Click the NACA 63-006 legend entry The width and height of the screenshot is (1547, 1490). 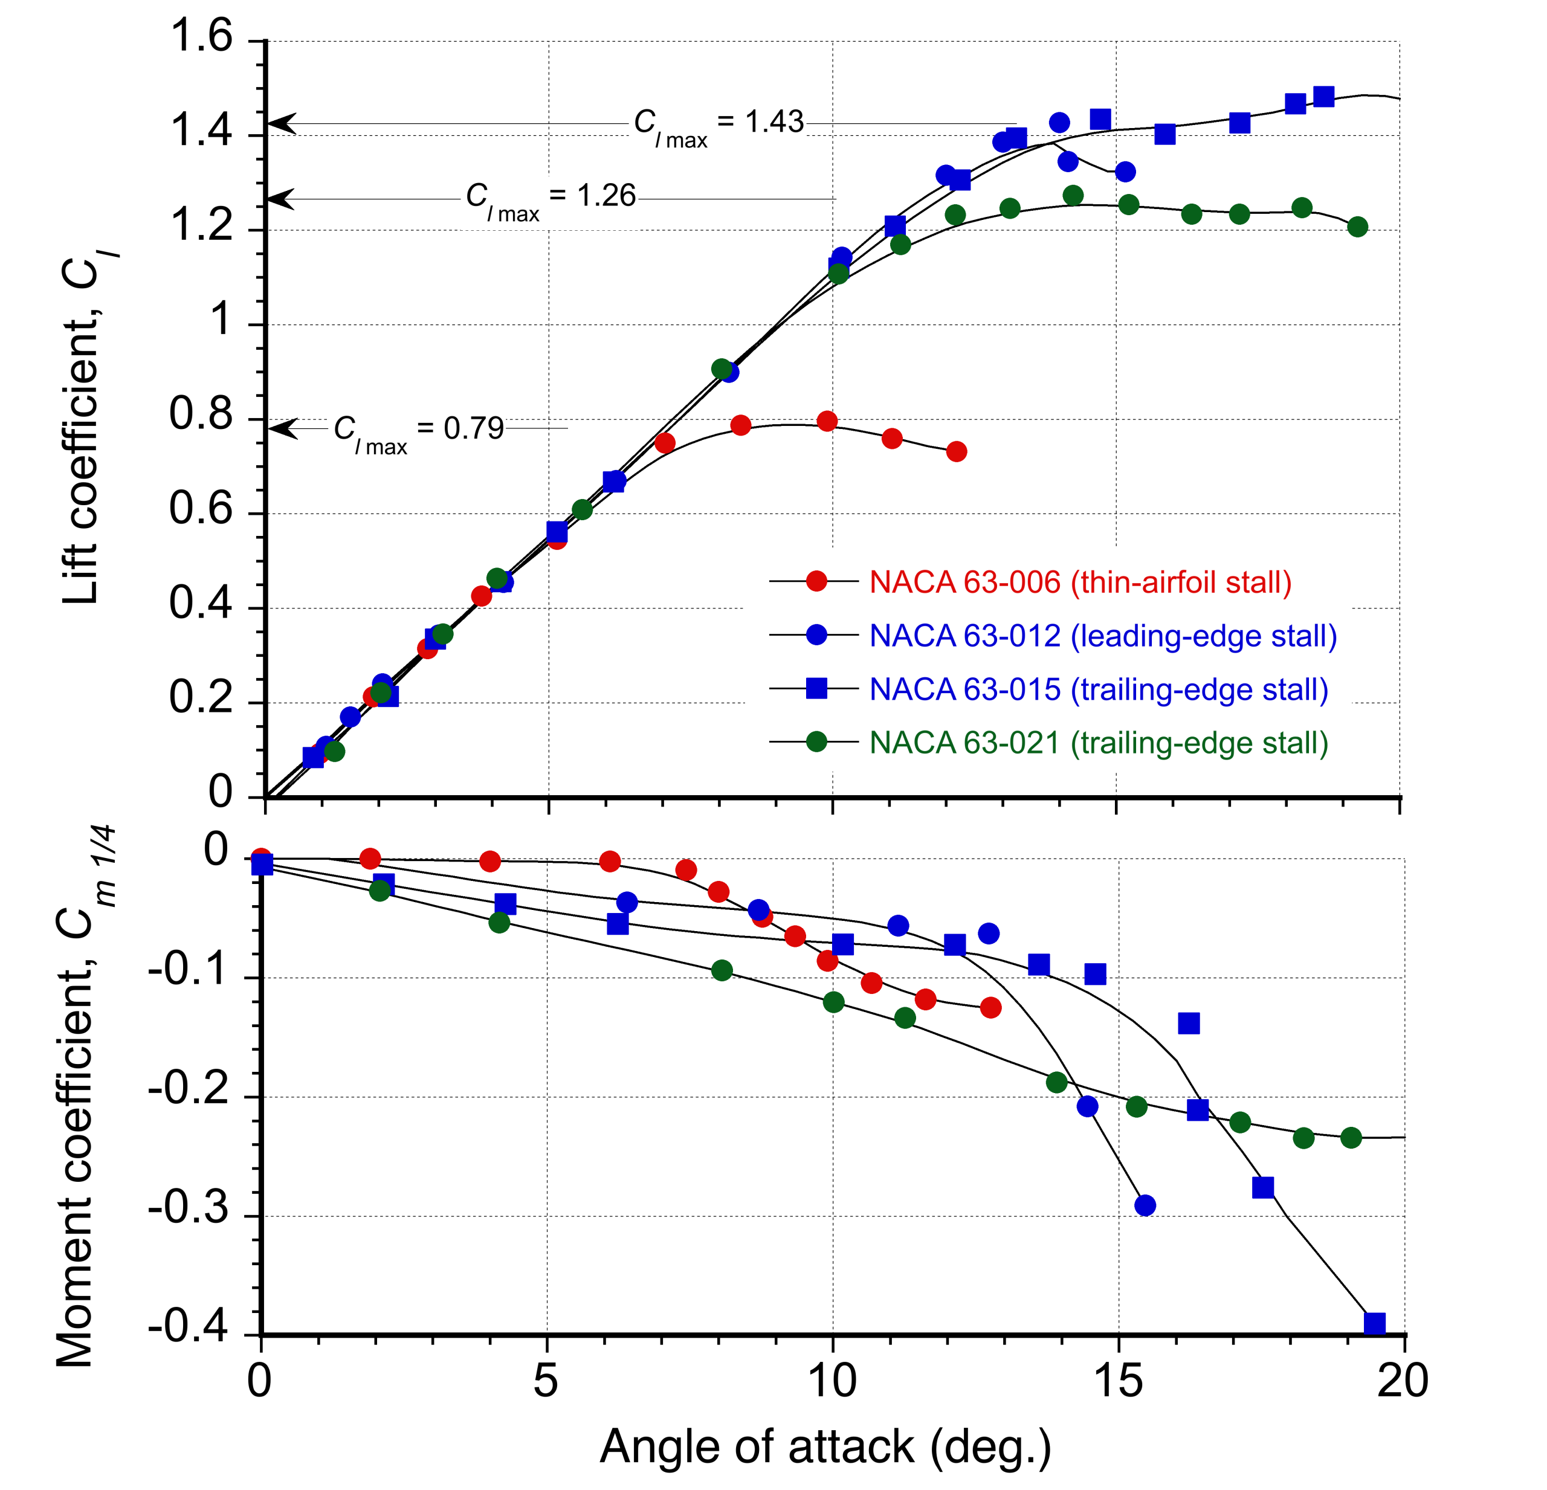(1080, 583)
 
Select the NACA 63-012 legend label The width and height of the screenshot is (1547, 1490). (1103, 637)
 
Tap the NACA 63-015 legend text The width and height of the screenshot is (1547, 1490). (1099, 691)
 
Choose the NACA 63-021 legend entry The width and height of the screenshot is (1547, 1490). (1099, 743)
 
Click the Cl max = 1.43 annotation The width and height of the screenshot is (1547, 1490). (719, 126)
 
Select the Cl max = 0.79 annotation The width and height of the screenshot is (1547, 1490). (418, 433)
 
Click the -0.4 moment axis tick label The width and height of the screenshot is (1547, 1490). (188, 1327)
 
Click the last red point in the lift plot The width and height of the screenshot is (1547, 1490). (957, 452)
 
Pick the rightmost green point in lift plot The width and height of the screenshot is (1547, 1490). (1358, 227)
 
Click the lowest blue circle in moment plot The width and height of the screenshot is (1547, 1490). (1145, 1205)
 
